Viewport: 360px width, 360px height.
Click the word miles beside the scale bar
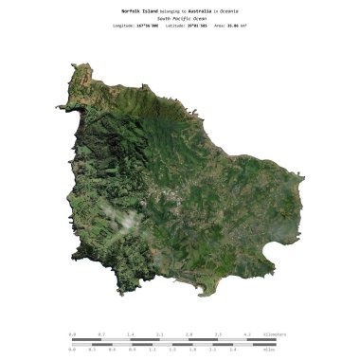click(269, 349)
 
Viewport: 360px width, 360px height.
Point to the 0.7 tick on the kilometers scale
click(101, 334)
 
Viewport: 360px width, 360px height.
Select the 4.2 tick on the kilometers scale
click(247, 334)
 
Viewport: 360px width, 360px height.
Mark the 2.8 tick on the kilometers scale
click(189, 334)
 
